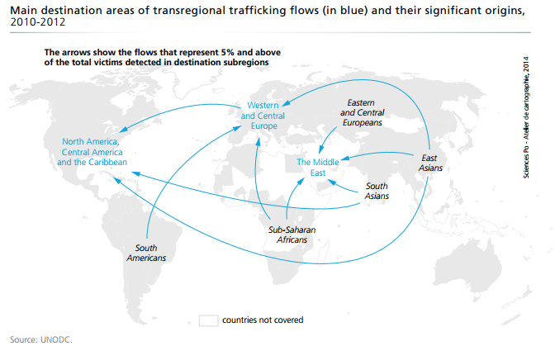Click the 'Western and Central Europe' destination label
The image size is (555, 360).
263,116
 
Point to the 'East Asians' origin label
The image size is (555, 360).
431,163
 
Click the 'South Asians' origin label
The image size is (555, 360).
377,191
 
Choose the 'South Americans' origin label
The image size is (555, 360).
146,253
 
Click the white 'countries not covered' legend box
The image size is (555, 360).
208,320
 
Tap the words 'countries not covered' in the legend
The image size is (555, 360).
263,320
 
